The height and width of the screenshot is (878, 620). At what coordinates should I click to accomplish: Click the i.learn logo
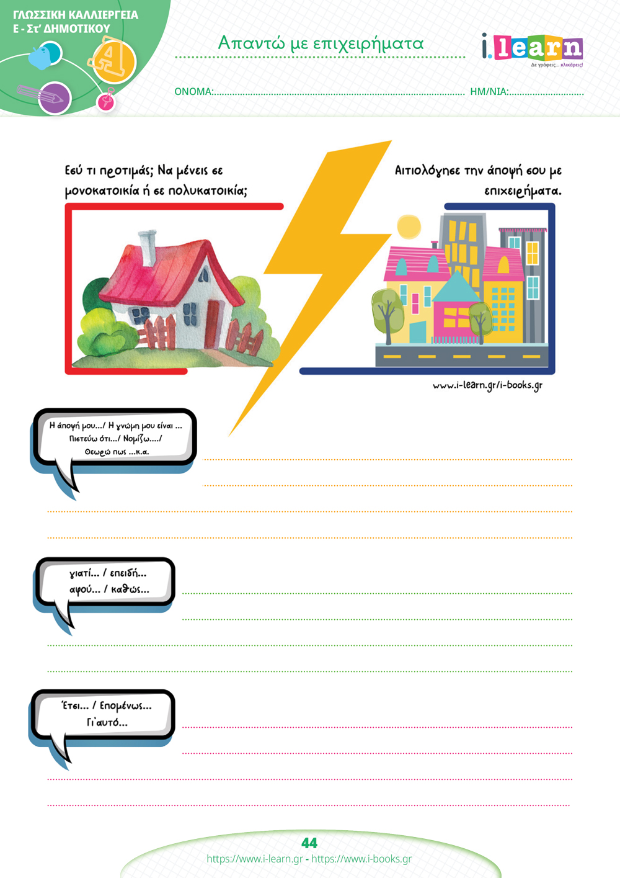pyautogui.click(x=532, y=48)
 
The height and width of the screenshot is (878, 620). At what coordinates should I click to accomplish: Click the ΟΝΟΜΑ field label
pyautogui.click(x=194, y=92)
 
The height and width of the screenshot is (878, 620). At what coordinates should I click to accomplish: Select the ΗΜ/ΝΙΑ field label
pyautogui.click(x=489, y=92)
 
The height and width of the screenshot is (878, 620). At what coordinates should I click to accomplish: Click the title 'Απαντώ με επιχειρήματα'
pyautogui.click(x=321, y=43)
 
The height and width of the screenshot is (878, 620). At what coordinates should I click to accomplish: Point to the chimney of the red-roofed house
pyautogui.click(x=147, y=248)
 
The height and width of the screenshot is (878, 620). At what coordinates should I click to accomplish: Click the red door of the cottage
pyautogui.click(x=213, y=323)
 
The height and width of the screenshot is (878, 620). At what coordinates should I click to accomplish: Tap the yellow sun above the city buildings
pyautogui.click(x=409, y=227)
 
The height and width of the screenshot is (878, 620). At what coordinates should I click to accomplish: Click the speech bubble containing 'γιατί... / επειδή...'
pyautogui.click(x=104, y=588)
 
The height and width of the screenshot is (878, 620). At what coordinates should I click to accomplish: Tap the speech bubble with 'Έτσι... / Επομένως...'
pyautogui.click(x=102, y=720)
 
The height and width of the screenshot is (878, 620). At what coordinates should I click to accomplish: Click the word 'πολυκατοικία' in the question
pyautogui.click(x=208, y=191)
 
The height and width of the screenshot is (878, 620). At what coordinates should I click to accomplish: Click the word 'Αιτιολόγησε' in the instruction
pyautogui.click(x=427, y=171)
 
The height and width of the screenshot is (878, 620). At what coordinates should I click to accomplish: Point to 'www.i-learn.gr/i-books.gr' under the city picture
pyautogui.click(x=487, y=386)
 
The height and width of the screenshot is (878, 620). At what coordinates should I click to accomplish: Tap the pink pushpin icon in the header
pyautogui.click(x=106, y=100)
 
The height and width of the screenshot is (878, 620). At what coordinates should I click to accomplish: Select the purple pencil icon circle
pyautogui.click(x=55, y=98)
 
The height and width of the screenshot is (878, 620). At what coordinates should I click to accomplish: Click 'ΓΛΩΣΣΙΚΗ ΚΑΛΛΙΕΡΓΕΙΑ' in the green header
pyautogui.click(x=75, y=16)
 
